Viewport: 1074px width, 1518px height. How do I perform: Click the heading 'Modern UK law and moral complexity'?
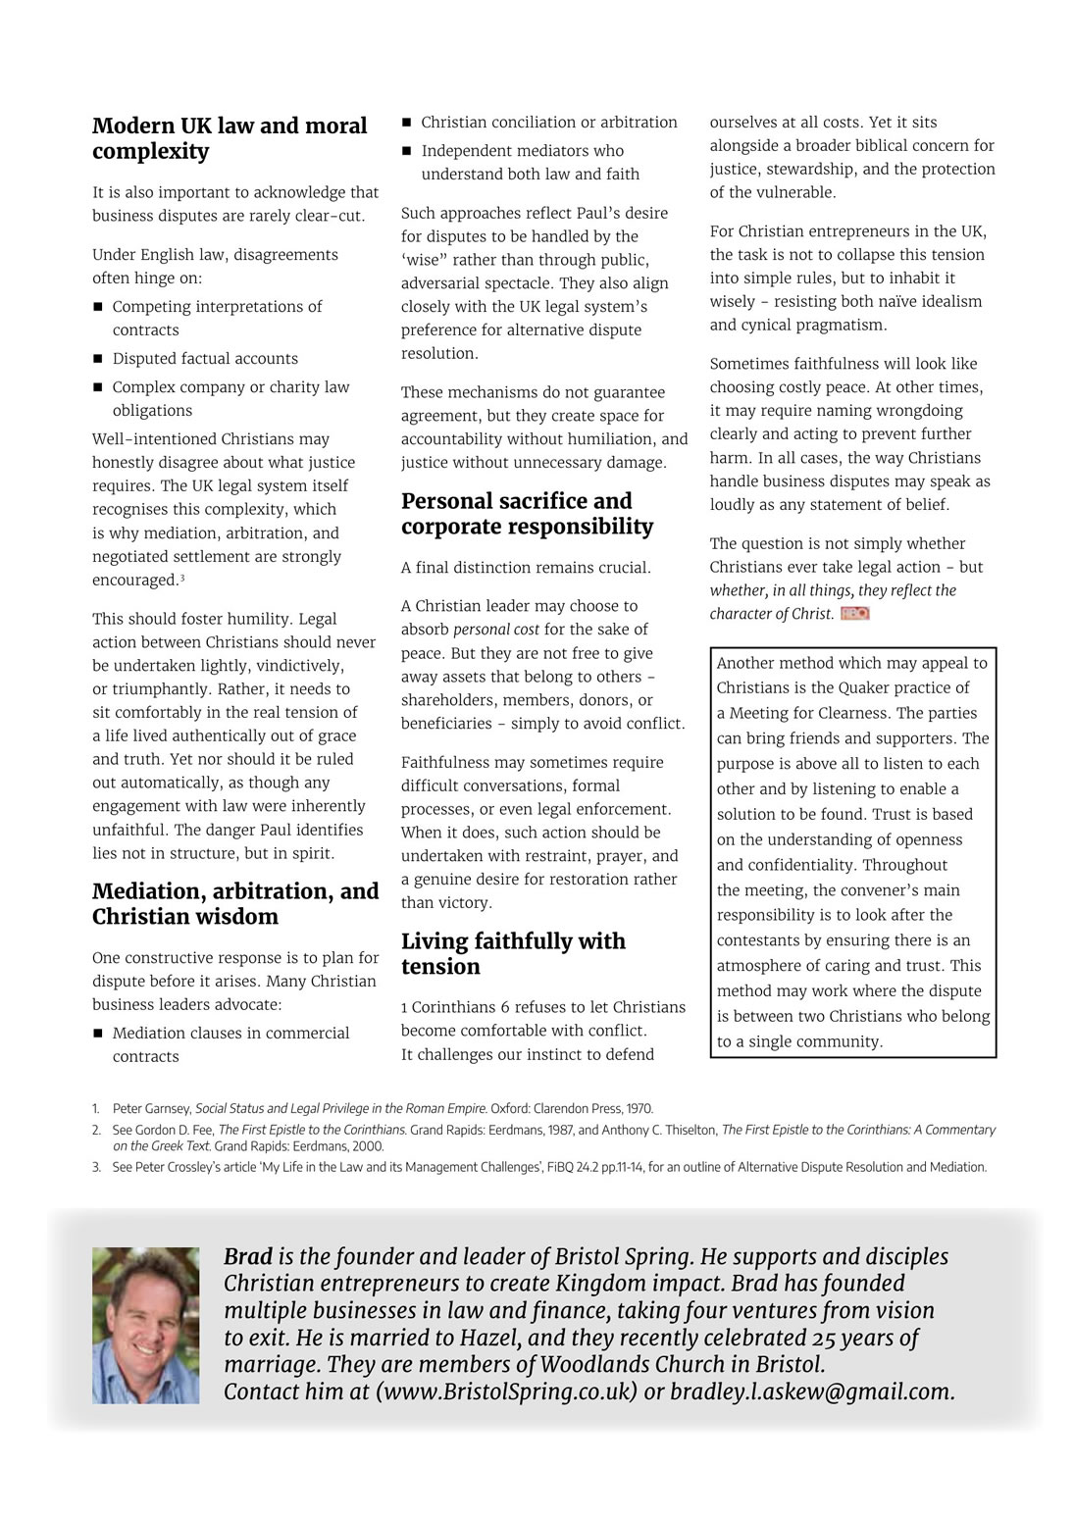tap(230, 138)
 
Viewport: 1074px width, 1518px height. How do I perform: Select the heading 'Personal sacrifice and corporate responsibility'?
tap(527, 514)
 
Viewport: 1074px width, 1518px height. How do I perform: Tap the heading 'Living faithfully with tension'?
tap(513, 954)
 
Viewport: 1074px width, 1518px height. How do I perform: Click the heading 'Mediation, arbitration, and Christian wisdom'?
tap(235, 904)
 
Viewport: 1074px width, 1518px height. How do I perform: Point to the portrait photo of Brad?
tap(145, 1325)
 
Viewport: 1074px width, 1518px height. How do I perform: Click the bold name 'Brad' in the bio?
tap(248, 1257)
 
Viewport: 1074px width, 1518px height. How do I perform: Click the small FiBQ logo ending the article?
tap(854, 614)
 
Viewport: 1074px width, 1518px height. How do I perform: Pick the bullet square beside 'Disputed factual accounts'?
tap(98, 359)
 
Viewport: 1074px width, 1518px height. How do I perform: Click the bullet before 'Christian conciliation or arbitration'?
tap(406, 123)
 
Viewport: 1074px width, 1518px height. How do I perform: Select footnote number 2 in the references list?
tap(97, 1130)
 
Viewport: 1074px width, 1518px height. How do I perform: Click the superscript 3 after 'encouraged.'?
tap(182, 578)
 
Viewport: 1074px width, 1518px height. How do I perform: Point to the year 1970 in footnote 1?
tap(639, 1109)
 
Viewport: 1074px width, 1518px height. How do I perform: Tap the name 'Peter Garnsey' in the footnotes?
tap(151, 1109)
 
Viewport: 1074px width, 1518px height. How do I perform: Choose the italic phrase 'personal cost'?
tap(496, 630)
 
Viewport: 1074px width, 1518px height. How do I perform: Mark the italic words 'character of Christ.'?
tap(772, 614)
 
